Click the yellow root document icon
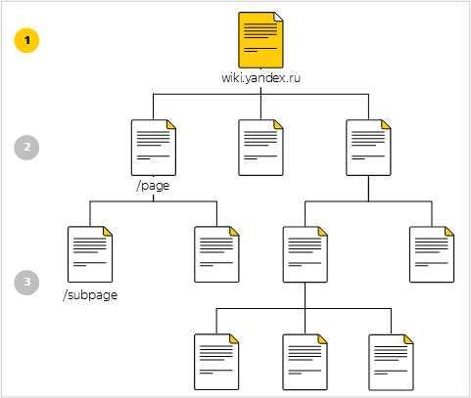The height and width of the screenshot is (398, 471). coord(260,40)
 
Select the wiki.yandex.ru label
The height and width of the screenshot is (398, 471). coord(260,78)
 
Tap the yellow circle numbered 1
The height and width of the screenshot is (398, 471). coord(26,40)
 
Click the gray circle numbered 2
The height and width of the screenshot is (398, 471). coord(26,148)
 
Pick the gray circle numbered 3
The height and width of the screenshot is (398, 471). coord(26,283)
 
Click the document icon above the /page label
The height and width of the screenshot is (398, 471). coord(154,148)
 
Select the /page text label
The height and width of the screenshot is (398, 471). coord(153,186)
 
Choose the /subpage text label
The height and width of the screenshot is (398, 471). coord(90,295)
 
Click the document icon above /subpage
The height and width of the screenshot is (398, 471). coord(90,254)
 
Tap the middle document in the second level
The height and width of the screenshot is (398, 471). coord(260,148)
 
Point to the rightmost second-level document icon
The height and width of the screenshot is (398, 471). coord(368,148)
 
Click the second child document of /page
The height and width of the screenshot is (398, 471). coord(216,254)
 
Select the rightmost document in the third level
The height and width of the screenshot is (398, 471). coord(432,254)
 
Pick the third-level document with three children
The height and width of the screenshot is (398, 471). coord(306,254)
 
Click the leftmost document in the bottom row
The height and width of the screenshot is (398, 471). coord(216,362)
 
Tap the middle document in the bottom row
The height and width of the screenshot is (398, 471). coord(306,362)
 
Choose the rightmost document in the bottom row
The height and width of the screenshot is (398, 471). coord(391,362)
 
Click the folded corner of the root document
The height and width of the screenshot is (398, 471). coord(278,17)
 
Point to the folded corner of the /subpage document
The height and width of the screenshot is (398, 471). coord(108,231)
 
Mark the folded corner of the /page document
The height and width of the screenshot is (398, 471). coord(171,124)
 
